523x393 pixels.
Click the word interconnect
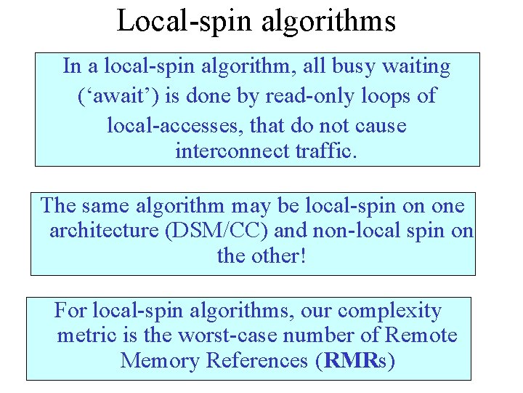click(232, 152)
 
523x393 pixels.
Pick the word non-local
click(354, 231)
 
